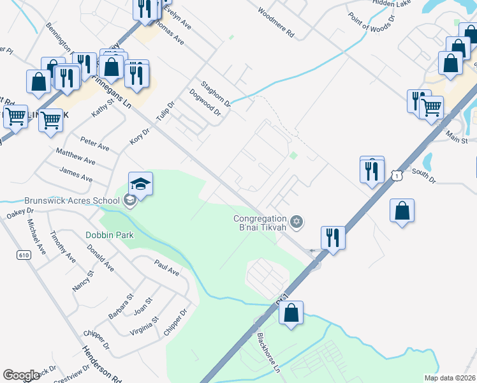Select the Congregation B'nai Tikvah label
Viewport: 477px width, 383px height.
tap(259, 224)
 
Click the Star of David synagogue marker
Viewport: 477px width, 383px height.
tap(296, 222)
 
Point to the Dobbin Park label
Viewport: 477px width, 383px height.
tap(110, 235)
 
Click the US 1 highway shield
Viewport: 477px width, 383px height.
tap(398, 174)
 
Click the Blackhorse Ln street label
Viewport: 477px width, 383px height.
tap(268, 351)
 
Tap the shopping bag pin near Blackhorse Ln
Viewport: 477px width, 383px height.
tap(291, 313)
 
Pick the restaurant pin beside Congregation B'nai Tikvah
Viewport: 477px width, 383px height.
tap(332, 238)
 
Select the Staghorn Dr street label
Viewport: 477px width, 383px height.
tap(215, 93)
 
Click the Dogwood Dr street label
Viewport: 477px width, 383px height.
tap(205, 102)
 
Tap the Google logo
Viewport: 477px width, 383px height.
tap(21, 375)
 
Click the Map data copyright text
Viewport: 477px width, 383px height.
tap(450, 378)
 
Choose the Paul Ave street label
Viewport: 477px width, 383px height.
tap(166, 267)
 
